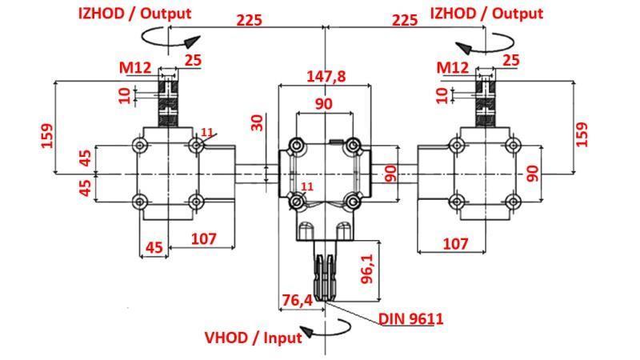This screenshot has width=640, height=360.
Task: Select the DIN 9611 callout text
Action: coord(410,318)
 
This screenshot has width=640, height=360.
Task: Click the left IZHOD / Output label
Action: coord(134,14)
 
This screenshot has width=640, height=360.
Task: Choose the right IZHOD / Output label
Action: coord(486,14)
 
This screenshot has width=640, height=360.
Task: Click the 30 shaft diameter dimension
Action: coord(257,122)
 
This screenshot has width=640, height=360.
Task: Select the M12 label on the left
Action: coord(135,69)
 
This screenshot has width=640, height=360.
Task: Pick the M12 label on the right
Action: coord(453,69)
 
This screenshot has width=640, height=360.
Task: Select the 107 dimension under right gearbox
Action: coord(454,243)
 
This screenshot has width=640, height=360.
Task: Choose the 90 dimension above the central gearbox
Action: coord(322,104)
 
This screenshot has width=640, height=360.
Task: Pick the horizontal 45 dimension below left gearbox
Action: coord(154,247)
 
